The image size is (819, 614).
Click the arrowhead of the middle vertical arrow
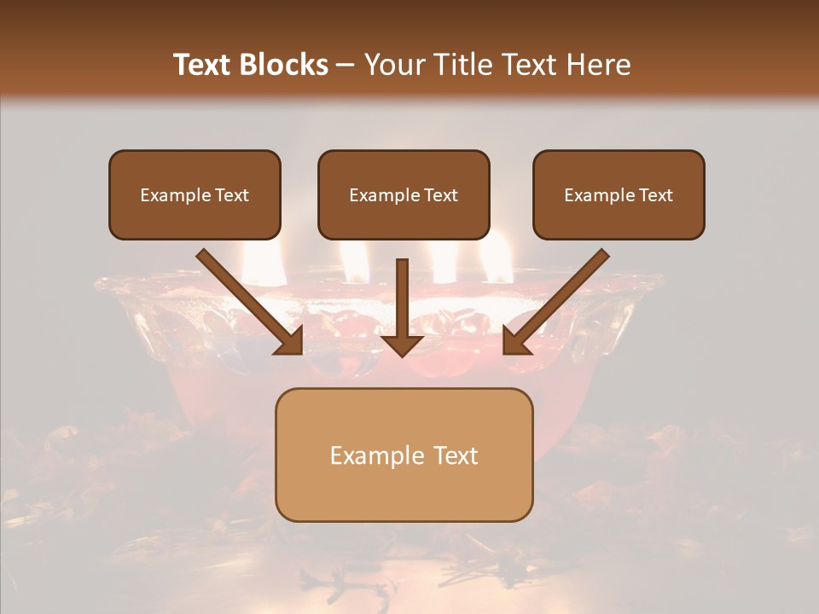pos(402,343)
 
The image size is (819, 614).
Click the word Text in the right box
pos(655,195)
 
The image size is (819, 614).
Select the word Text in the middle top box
pos(440,195)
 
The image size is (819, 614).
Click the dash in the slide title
pos(346,65)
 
